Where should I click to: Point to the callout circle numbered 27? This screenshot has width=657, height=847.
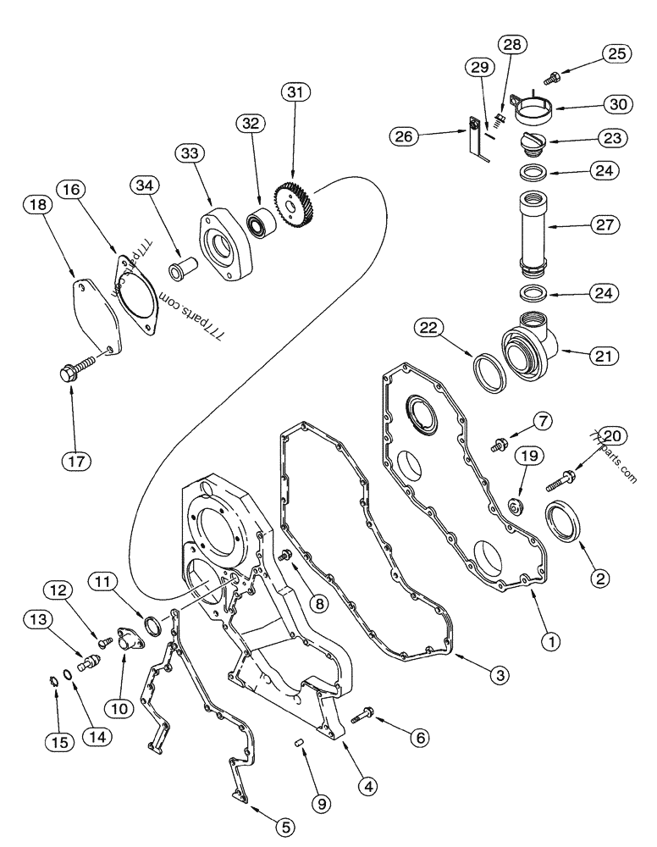pos(605,226)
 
